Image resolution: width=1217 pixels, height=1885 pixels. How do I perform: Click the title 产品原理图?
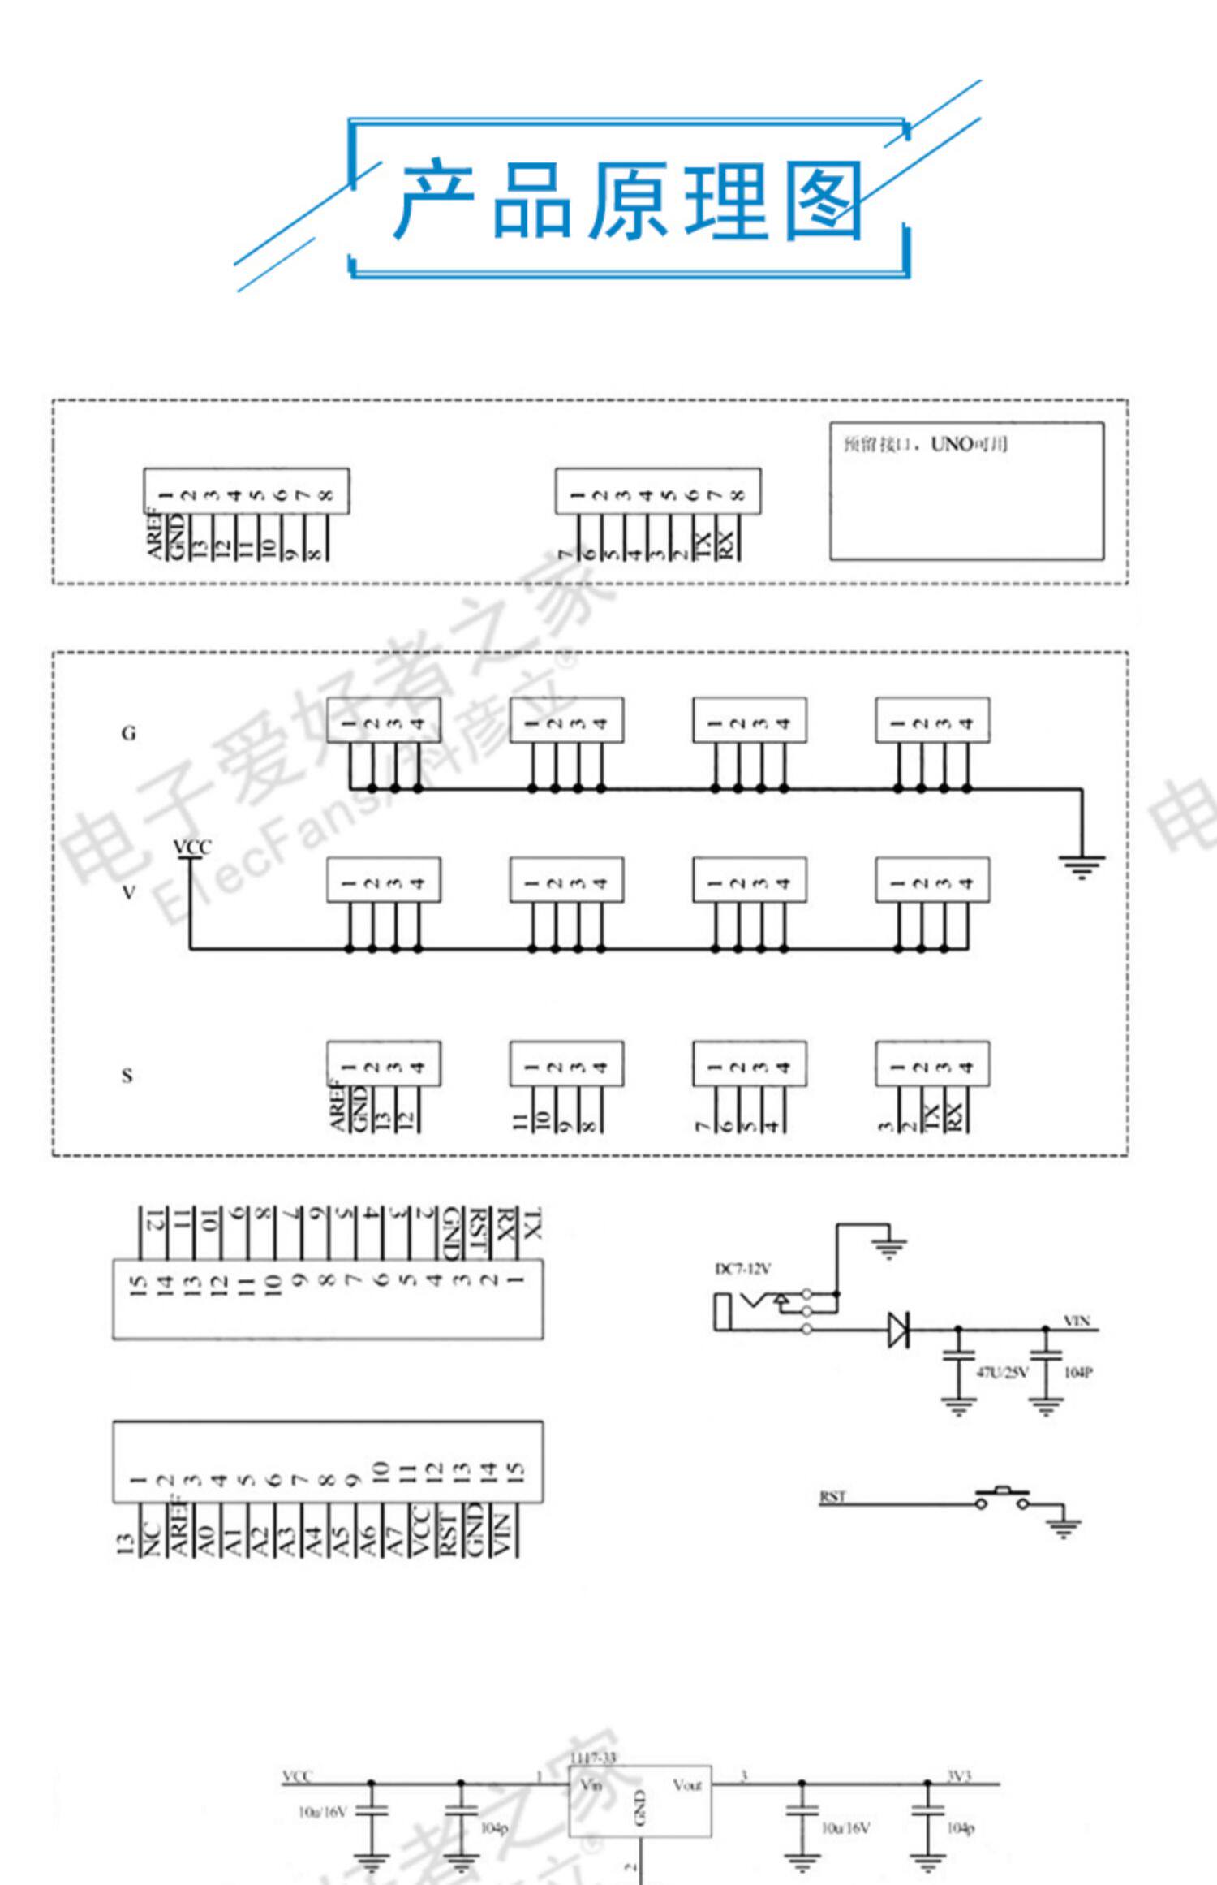click(628, 200)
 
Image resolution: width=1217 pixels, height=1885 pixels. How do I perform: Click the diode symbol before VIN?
click(897, 1329)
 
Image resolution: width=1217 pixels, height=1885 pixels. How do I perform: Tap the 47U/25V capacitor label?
click(1002, 1372)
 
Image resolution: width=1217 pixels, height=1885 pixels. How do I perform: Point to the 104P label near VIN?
click(1078, 1372)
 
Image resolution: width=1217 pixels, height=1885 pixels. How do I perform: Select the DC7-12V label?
click(742, 1269)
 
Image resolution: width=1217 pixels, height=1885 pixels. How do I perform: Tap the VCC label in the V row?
click(192, 847)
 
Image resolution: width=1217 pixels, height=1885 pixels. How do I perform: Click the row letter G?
click(128, 733)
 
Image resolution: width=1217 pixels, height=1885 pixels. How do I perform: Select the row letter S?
click(127, 1076)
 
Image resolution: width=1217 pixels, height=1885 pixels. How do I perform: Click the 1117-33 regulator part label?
click(593, 1758)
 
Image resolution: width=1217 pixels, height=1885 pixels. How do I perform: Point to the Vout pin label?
click(686, 1785)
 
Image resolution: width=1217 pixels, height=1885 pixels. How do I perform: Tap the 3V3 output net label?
click(958, 1775)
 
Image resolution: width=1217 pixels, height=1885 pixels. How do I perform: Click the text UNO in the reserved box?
click(952, 444)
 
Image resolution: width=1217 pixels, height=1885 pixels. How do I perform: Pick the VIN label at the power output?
click(1077, 1321)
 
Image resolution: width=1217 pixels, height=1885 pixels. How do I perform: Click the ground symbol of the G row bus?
click(1082, 866)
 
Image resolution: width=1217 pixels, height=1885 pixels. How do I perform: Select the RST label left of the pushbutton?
click(832, 1496)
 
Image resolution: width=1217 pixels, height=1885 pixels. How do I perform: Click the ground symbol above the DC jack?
click(890, 1245)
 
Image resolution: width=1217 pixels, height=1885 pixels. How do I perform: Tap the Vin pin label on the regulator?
click(591, 1785)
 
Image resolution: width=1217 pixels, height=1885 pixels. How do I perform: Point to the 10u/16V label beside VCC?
click(322, 1812)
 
